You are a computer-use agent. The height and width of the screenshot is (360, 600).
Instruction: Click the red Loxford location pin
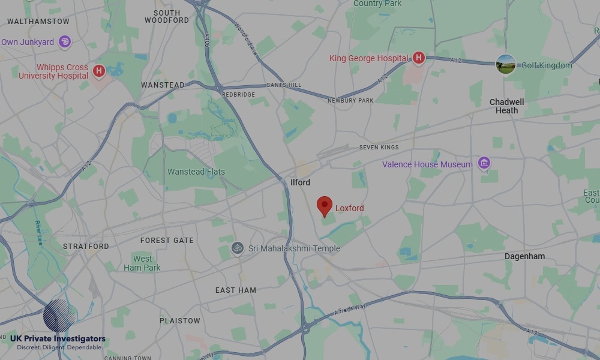click(x=325, y=206)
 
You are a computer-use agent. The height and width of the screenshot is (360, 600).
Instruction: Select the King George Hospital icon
click(x=419, y=58)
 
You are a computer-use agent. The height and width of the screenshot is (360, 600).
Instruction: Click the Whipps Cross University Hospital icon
click(x=99, y=71)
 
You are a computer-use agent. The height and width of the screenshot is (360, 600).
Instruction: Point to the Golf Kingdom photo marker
click(x=506, y=64)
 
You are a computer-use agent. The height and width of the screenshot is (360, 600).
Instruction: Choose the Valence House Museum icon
click(x=484, y=163)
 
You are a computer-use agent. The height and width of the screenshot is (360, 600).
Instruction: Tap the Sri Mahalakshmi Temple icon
click(x=238, y=248)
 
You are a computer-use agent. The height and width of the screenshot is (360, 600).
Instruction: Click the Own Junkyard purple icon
click(x=65, y=42)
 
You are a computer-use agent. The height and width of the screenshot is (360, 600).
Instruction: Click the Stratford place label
click(x=86, y=246)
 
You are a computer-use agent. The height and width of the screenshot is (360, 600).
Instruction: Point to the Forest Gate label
click(x=167, y=240)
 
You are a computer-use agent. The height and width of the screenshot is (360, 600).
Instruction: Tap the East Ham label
click(x=236, y=290)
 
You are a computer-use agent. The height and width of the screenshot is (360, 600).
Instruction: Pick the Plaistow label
click(x=180, y=320)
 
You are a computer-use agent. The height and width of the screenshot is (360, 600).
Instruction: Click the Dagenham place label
click(x=524, y=256)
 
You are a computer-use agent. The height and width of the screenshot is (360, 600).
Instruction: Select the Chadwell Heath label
click(x=507, y=106)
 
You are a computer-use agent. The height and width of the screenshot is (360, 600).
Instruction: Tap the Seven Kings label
click(x=379, y=147)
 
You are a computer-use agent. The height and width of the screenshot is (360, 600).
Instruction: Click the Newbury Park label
click(x=350, y=101)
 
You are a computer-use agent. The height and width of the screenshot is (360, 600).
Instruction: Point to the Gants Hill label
click(x=284, y=85)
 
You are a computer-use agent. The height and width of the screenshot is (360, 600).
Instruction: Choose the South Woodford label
click(x=167, y=16)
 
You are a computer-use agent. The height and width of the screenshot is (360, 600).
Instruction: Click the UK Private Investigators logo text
click(x=58, y=339)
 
